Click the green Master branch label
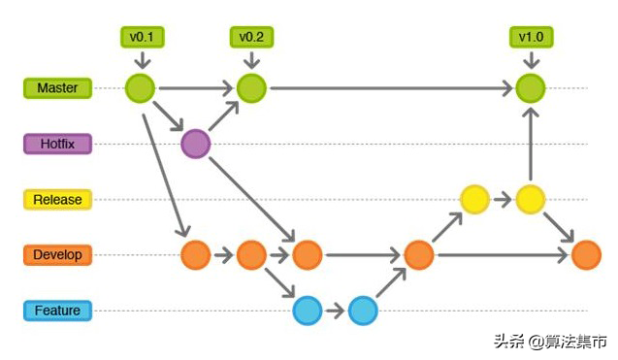click(57, 88)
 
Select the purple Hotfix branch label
click(57, 145)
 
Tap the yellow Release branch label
click(57, 200)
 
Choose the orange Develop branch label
click(57, 255)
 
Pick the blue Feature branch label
click(57, 311)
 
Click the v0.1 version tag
click(142, 38)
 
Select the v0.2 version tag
click(251, 38)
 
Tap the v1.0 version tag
click(530, 38)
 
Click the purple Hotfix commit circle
click(196, 144)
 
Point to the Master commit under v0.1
click(141, 88)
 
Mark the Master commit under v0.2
click(251, 88)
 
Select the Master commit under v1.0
click(530, 88)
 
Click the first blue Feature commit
click(307, 311)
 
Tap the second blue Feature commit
click(362, 311)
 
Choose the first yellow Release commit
click(473, 199)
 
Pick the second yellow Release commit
click(530, 199)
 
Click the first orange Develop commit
click(195, 255)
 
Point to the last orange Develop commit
click(586, 255)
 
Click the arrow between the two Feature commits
click(335, 311)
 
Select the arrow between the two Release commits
click(502, 199)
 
